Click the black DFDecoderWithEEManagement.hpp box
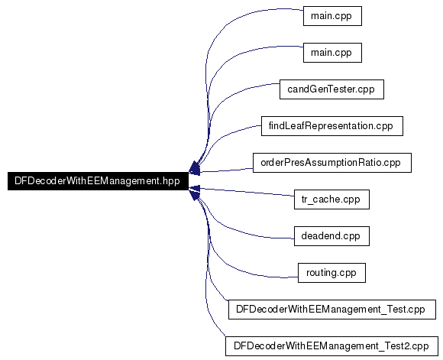tap(98, 181)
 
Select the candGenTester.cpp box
tap(331, 89)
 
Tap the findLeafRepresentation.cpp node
tap(332, 126)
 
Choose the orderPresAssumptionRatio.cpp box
tap(332, 163)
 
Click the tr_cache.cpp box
tap(331, 199)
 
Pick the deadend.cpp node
tap(331, 236)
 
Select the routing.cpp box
tap(331, 273)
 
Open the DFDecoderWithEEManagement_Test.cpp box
tap(332, 310)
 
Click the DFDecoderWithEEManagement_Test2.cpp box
tap(331, 346)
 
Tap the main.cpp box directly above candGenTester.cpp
tap(332, 53)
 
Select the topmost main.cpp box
tap(332, 16)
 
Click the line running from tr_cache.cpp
tap(247, 192)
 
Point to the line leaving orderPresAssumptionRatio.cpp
tap(226, 170)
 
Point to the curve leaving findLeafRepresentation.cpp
tap(223, 137)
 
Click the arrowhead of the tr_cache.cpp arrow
tap(194, 188)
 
